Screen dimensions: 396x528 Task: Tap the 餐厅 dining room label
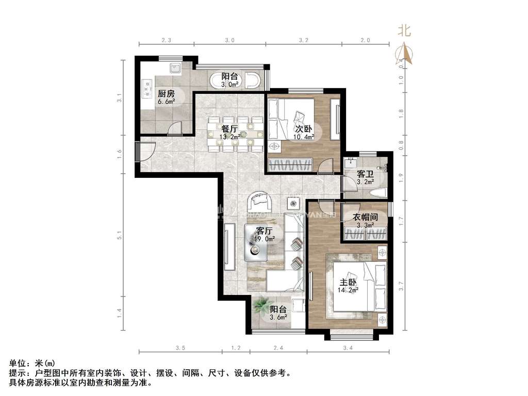point(229,128)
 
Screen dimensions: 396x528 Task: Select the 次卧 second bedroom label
point(302,129)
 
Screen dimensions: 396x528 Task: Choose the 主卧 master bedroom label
point(348,282)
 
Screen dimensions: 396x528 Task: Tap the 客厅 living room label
point(265,230)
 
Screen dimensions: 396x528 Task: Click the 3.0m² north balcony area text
point(229,84)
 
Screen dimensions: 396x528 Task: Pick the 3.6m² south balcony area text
point(278,318)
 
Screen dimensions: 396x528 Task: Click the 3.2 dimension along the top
point(303,40)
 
